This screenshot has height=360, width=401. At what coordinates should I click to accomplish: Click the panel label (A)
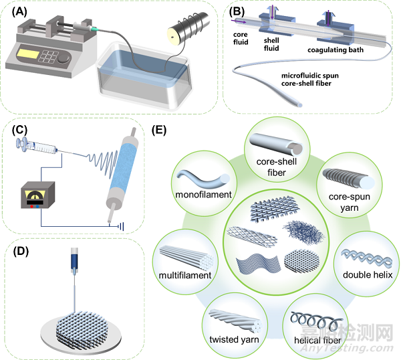tap(19, 12)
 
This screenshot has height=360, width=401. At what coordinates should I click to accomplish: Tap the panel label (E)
tap(159, 130)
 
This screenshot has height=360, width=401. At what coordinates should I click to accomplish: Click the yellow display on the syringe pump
tap(27, 54)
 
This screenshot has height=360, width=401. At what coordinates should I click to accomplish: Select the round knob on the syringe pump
tap(63, 59)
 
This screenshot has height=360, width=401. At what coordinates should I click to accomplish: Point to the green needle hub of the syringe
tap(94, 29)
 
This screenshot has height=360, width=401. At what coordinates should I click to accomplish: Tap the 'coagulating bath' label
tap(336, 50)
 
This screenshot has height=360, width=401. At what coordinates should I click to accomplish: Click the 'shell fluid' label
tap(271, 44)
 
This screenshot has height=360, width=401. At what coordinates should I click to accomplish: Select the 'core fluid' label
tap(241, 38)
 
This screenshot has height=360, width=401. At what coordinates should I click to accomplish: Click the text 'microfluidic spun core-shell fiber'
tap(310, 80)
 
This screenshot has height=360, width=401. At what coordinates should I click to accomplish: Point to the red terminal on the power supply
tap(31, 206)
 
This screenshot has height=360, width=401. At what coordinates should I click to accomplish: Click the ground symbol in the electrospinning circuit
tap(121, 226)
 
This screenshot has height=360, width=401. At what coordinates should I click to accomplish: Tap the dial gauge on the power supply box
tap(35, 196)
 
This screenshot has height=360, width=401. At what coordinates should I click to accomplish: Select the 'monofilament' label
tap(203, 195)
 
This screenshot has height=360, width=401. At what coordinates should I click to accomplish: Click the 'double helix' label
tap(368, 275)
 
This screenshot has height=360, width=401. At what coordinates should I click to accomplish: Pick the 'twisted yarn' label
tap(234, 339)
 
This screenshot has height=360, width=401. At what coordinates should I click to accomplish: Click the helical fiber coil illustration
tap(317, 321)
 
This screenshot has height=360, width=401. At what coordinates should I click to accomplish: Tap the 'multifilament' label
tap(185, 276)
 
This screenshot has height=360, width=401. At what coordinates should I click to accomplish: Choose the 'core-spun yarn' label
tap(350, 202)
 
